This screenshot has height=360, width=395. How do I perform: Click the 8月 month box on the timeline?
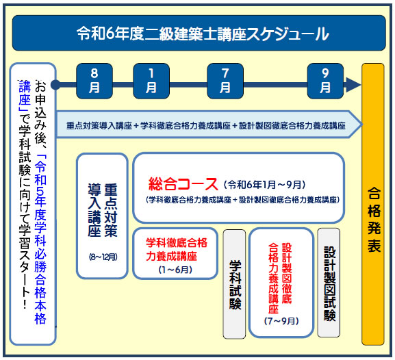click(x=94, y=81)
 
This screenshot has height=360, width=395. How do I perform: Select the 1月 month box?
click(x=151, y=81)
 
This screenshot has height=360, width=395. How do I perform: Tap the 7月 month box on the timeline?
click(x=225, y=81)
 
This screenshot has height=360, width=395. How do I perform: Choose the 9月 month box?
click(x=325, y=81)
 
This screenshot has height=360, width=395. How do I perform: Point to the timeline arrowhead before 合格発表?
click(x=353, y=85)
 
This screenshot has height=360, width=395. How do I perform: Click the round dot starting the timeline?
click(x=55, y=85)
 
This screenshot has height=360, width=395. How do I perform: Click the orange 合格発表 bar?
click(x=373, y=204)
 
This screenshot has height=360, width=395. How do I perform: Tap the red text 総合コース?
click(x=183, y=184)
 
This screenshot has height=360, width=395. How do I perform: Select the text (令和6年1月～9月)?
click(x=264, y=185)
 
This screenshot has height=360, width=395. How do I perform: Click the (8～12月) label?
click(x=103, y=257)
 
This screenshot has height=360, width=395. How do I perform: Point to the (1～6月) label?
click(x=175, y=270)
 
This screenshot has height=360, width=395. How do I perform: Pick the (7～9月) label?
click(x=281, y=321)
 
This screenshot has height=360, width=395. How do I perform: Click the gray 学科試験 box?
click(x=234, y=284)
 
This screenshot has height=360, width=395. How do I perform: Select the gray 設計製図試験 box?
click(x=329, y=283)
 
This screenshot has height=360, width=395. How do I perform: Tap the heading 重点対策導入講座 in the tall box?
click(x=103, y=210)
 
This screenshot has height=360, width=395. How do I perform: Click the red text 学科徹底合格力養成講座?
click(x=177, y=250)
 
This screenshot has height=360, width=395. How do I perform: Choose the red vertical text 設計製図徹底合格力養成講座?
click(x=280, y=278)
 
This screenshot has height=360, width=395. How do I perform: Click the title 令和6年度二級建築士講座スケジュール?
click(x=203, y=34)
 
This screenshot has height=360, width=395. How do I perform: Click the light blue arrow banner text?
click(x=205, y=125)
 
